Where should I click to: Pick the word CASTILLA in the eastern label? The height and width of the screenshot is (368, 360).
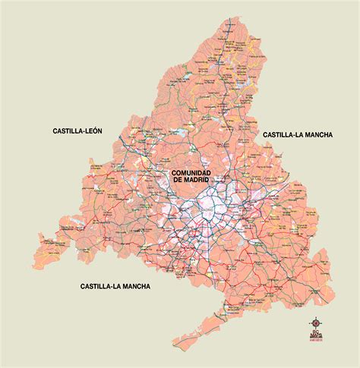(x=279, y=134)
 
